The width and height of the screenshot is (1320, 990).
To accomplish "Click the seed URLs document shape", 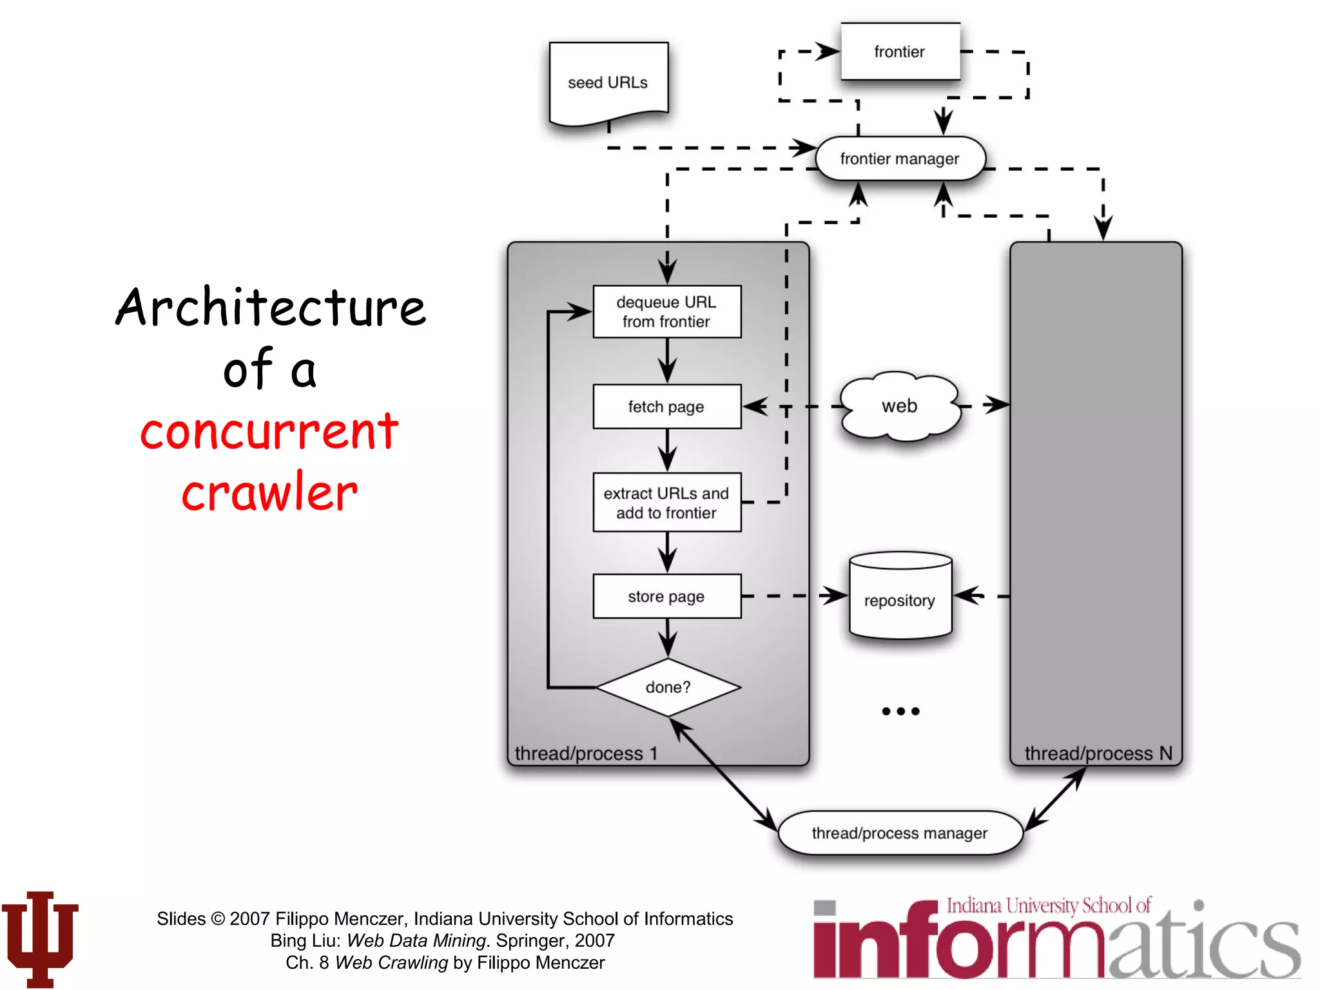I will point(608,82).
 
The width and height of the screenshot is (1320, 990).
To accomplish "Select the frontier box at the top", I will point(900,52).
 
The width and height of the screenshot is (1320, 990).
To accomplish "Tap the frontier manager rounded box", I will point(900,159).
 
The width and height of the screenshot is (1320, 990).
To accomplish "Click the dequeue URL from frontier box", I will point(666,312).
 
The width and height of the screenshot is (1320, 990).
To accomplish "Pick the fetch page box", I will point(666,407).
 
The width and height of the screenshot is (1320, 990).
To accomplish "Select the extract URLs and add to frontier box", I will point(666,503).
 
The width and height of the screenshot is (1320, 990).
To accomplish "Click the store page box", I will point(666,596).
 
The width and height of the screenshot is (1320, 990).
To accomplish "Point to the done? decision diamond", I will point(668,687).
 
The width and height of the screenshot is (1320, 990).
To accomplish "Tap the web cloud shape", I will point(900,406).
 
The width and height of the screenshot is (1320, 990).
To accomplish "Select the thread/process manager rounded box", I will point(900,833).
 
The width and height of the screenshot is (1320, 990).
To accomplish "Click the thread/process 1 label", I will point(586,753).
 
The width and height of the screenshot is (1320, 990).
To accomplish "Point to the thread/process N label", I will point(1098,753).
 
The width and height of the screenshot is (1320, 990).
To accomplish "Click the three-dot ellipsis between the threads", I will point(900,712).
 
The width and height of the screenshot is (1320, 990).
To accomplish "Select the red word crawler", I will point(269,492).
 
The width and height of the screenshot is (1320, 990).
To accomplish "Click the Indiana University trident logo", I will point(40,938).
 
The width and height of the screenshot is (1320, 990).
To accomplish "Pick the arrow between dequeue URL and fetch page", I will point(668,361).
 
